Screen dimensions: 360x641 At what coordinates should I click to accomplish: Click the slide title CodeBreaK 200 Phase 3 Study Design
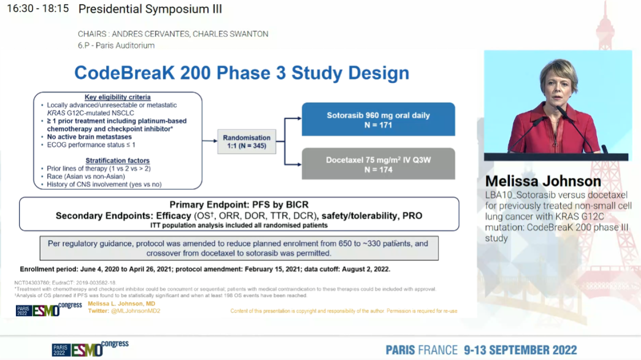(x=242, y=73)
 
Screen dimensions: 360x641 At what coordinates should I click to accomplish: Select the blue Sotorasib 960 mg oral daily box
(x=378, y=120)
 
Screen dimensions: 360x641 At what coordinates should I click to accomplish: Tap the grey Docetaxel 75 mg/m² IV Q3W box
(x=378, y=164)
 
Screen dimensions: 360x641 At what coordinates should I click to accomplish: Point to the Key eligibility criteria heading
(x=118, y=97)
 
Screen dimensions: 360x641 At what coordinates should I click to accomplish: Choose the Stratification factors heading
(x=118, y=160)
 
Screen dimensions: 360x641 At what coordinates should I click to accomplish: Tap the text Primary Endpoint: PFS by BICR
(x=239, y=205)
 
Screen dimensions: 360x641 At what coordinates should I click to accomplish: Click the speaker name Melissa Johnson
(x=542, y=181)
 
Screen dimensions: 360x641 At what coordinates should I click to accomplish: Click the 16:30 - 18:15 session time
(x=37, y=9)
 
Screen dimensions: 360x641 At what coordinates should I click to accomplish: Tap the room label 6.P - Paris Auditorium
(x=116, y=45)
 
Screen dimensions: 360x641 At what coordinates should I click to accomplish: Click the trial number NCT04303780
(x=33, y=283)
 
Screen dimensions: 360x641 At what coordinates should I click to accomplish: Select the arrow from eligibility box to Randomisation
(x=209, y=141)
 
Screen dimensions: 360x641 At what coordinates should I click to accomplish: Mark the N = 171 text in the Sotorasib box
(x=378, y=125)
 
